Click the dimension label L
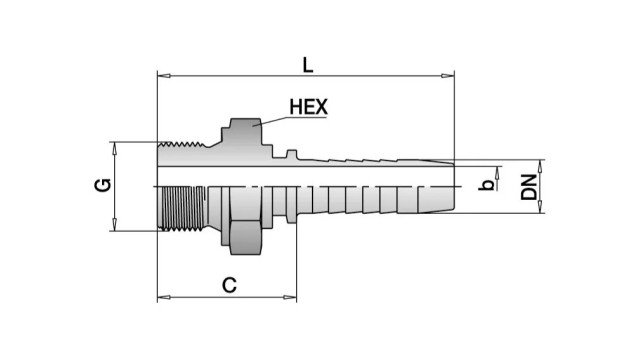click(x=308, y=65)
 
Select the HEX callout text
click(x=309, y=107)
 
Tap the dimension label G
click(x=103, y=185)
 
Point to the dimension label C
click(x=229, y=285)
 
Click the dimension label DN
click(x=529, y=187)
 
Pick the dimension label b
click(x=487, y=185)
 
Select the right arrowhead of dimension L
click(x=447, y=76)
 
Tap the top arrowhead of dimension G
click(x=115, y=149)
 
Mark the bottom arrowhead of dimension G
click(x=115, y=224)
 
